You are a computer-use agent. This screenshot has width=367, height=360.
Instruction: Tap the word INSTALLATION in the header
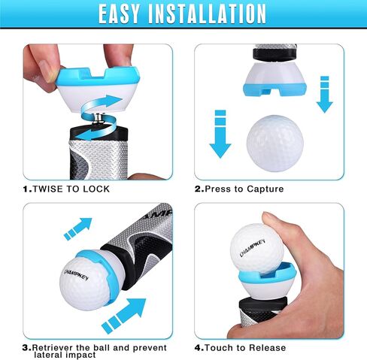217,14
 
